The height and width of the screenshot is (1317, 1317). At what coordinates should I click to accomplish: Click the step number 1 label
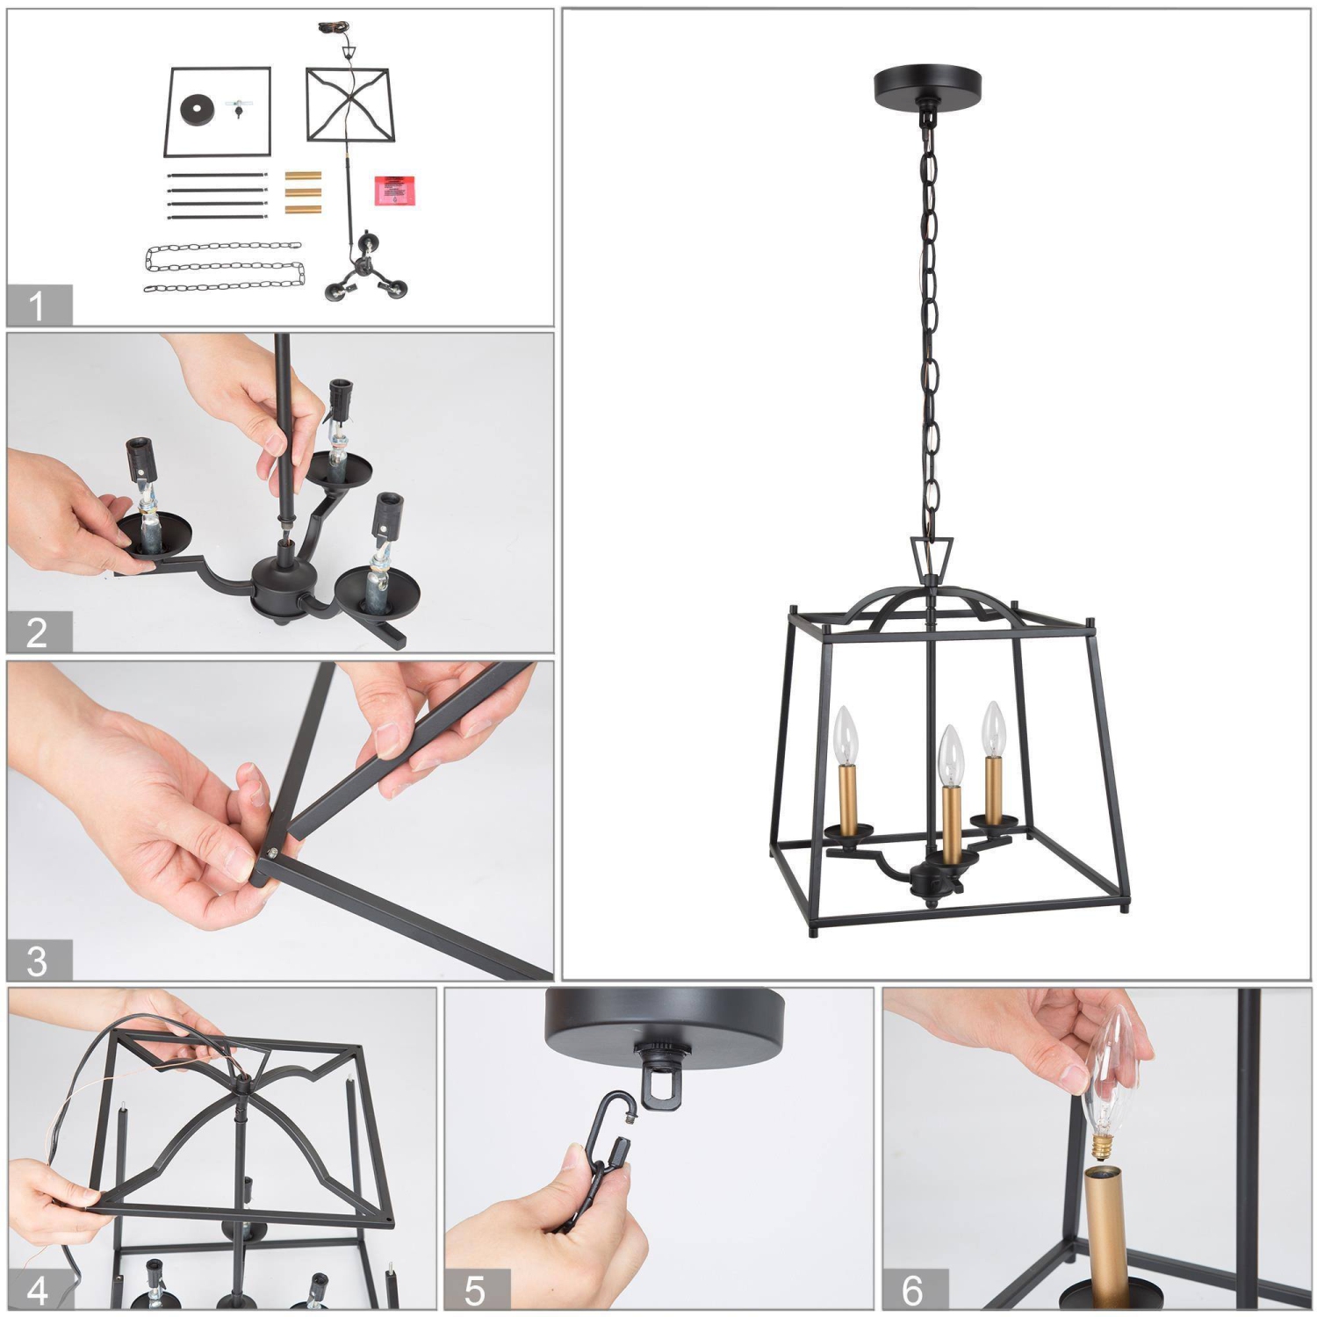(37, 306)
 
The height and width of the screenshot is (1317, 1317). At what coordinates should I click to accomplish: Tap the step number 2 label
(37, 632)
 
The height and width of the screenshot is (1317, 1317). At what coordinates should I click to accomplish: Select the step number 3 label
(37, 961)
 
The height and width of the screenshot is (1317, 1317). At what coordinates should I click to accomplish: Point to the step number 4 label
(37, 1290)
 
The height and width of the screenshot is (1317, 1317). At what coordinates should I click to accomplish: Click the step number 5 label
(475, 1290)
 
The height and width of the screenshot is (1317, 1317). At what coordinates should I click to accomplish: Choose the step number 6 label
(913, 1290)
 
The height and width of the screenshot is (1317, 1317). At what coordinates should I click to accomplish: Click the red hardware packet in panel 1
(395, 191)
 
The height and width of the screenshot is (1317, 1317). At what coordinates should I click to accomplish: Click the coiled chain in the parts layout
(224, 267)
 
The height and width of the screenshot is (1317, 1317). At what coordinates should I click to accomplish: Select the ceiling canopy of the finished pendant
(927, 85)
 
